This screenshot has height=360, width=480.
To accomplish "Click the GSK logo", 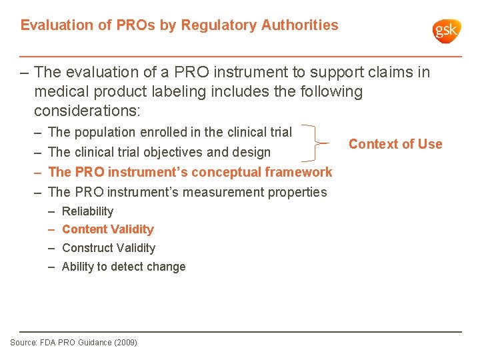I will (446, 31).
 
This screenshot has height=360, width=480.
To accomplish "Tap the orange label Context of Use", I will (395, 144).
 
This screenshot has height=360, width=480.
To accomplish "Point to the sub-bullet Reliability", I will (87, 211).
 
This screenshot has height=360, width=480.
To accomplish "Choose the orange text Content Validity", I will (107, 229).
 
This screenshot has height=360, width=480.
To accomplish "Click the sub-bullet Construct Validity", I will (108, 248).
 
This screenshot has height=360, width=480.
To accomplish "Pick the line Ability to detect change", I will (123, 267).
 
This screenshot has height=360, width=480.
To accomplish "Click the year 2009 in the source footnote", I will (125, 343).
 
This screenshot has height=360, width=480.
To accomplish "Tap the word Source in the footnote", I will (23, 343).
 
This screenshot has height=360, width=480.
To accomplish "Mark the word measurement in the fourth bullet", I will (230, 192).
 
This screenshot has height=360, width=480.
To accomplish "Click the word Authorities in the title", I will (299, 25).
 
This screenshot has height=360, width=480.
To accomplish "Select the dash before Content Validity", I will (51, 229).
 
